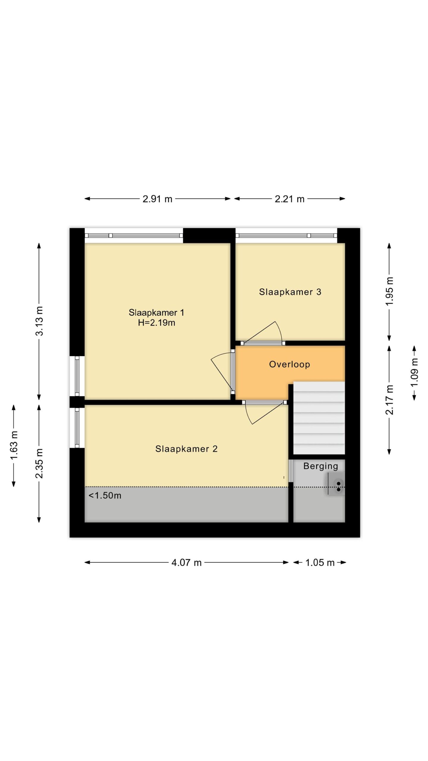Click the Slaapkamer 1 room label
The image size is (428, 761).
click(x=156, y=312)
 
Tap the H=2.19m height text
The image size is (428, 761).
click(x=156, y=323)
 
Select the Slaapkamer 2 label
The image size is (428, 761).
click(x=186, y=449)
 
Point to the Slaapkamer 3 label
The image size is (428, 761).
click(x=290, y=292)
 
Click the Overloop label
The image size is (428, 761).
click(x=289, y=364)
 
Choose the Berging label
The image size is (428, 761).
click(x=321, y=466)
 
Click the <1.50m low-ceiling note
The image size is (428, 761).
click(x=105, y=496)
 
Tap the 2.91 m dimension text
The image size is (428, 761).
click(x=158, y=199)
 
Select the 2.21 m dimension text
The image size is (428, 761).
click(x=289, y=199)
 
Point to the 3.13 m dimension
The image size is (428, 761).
click(x=39, y=321)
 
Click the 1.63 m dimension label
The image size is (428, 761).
click(x=14, y=445)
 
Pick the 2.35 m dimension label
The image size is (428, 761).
click(x=39, y=463)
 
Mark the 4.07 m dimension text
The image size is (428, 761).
click(x=186, y=563)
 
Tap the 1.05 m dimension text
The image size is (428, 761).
click(x=320, y=563)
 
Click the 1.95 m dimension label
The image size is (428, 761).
click(x=389, y=291)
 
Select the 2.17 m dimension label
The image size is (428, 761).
click(x=389, y=400)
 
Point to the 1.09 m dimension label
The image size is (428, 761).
click(x=414, y=372)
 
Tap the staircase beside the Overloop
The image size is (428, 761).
click(x=319, y=418)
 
